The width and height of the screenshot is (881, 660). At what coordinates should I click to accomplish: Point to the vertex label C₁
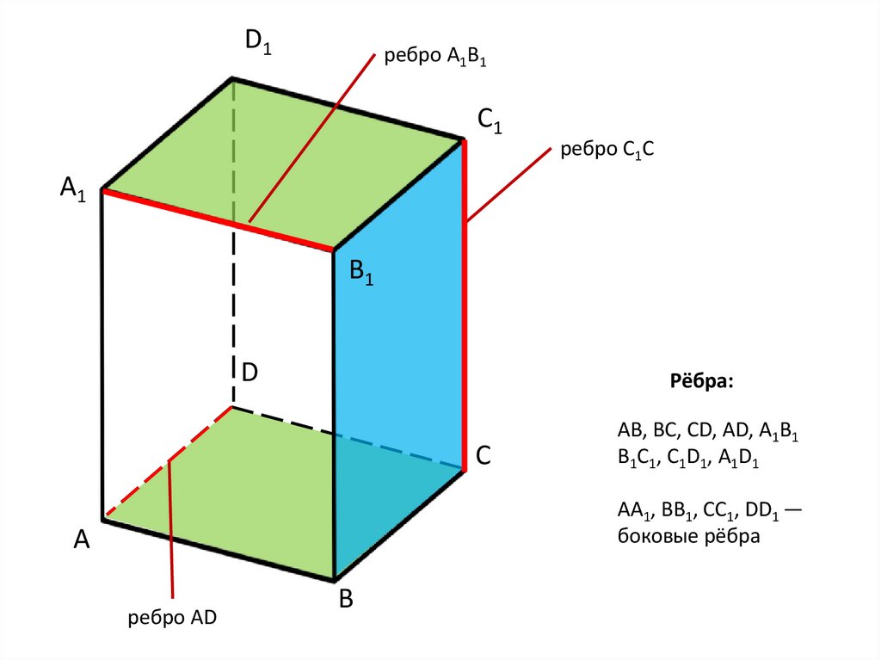pos(490,123)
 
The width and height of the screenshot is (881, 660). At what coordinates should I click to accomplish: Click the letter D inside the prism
pos(250,373)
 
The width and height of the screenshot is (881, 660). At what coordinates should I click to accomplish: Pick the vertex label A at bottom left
pos(82,540)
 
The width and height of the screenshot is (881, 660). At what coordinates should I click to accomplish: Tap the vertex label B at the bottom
pos(345,600)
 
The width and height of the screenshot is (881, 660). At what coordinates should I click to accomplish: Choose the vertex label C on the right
pos(484,455)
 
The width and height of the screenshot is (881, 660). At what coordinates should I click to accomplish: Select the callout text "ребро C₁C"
pos(608,150)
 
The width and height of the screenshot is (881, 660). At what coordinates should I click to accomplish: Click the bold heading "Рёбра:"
pos(702,381)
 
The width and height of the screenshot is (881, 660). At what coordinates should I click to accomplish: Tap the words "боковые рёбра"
pos(688,537)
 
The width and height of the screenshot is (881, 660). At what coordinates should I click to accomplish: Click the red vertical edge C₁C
pos(465,301)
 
